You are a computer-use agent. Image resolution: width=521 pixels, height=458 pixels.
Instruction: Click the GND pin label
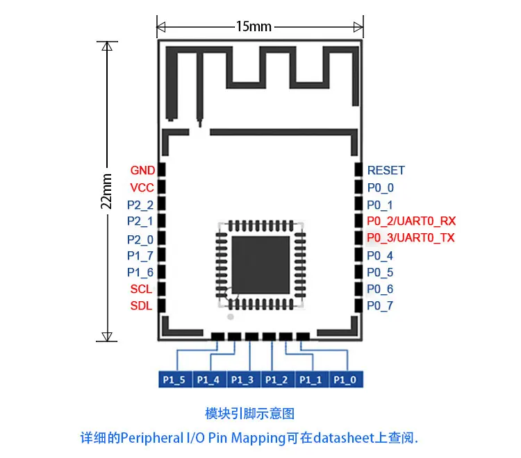[x=142, y=170]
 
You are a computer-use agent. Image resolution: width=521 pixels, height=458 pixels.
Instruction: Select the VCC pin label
[x=142, y=187]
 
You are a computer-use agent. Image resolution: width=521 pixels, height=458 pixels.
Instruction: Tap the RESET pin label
[x=386, y=170]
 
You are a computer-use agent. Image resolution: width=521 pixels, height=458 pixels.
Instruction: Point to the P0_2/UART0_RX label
[x=411, y=221]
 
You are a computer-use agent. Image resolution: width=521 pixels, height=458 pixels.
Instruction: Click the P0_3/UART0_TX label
[x=411, y=237]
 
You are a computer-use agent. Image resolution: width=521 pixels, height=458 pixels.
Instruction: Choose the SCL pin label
[x=141, y=289]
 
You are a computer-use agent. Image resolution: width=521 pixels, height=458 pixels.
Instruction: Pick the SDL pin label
[x=141, y=305]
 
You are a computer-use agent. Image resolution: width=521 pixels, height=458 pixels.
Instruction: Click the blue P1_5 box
[x=176, y=380]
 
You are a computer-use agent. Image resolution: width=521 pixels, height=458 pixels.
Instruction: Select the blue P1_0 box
[x=346, y=380]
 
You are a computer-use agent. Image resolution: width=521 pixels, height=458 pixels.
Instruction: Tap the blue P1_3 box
[x=244, y=380]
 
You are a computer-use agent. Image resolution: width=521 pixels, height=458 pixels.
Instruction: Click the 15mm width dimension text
[x=254, y=26]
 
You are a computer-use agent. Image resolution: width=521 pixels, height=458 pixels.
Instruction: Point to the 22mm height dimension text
[x=106, y=191]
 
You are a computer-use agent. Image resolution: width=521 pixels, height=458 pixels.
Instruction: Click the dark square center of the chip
[x=260, y=265]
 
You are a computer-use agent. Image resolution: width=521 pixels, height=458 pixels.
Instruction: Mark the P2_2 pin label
[x=140, y=205]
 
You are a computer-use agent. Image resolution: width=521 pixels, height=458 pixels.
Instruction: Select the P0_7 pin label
[x=380, y=305]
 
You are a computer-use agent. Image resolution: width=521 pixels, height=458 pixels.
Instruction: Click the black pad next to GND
[x=161, y=169]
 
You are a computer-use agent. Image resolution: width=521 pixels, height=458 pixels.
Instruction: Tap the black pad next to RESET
[x=358, y=169]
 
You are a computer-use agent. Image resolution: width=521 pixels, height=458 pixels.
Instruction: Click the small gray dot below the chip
[x=230, y=317]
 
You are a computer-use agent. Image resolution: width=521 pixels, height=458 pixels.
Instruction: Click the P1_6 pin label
[x=140, y=273]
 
